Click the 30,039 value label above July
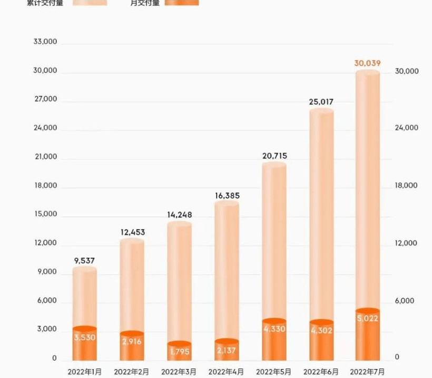[367, 63]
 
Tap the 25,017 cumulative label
[321, 102]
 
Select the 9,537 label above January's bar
[84, 260]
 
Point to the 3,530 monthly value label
[84, 337]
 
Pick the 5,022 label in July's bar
[367, 318]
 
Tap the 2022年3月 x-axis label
[179, 372]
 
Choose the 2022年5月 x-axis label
[273, 372]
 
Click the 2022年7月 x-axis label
[367, 372]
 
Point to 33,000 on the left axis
[45, 42]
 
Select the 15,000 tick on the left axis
[45, 214]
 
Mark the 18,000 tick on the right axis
[406, 185]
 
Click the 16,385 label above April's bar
[227, 196]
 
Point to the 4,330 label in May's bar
[274, 329]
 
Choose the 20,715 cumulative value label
[274, 156]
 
